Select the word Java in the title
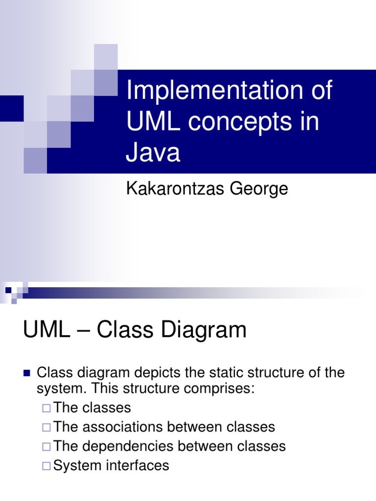(x=153, y=153)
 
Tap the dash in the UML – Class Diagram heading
(x=83, y=331)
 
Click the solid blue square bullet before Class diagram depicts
(x=27, y=374)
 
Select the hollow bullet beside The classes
(x=47, y=408)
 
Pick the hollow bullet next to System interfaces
(x=47, y=466)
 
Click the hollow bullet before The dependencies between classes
(x=47, y=447)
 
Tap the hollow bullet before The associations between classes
(x=47, y=428)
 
